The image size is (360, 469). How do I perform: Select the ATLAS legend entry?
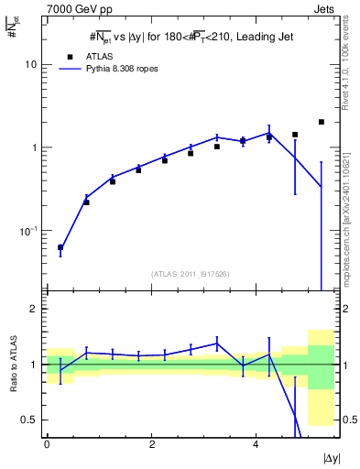pos(85,56)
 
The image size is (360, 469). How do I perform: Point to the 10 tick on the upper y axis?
pos(31,65)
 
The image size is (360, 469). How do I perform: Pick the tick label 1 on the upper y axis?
pos(34,147)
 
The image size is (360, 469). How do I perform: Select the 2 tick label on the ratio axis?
pos(34,309)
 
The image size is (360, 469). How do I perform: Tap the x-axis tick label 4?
pos(255,445)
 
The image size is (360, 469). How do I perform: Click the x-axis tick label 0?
pos(47,445)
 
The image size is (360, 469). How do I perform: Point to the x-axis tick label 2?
pos(151,445)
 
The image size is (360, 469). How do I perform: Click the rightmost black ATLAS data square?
pos(321,122)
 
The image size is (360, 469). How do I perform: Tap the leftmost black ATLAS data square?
pos(60,247)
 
